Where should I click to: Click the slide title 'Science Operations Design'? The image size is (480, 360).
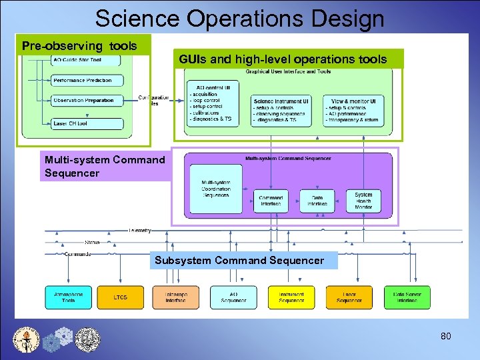239,18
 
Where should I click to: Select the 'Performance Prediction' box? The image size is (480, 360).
87,81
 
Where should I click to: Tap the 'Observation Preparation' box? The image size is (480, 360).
87,101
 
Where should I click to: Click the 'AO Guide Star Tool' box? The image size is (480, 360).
87,61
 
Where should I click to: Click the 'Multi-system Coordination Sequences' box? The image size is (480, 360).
215,188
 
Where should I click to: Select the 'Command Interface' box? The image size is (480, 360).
270,201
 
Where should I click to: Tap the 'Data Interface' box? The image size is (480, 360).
317,201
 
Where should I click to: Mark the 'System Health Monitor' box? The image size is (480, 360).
363,201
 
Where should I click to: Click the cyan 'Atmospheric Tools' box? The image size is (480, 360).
68,297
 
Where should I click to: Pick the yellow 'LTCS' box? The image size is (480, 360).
120,297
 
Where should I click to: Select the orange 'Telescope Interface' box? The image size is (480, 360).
176,297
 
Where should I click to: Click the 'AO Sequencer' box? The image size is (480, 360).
233,297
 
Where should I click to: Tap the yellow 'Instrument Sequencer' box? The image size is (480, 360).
291,297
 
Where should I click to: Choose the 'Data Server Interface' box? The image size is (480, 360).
407,297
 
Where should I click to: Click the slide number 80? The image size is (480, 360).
445,336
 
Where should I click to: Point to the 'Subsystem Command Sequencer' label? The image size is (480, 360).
239,261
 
